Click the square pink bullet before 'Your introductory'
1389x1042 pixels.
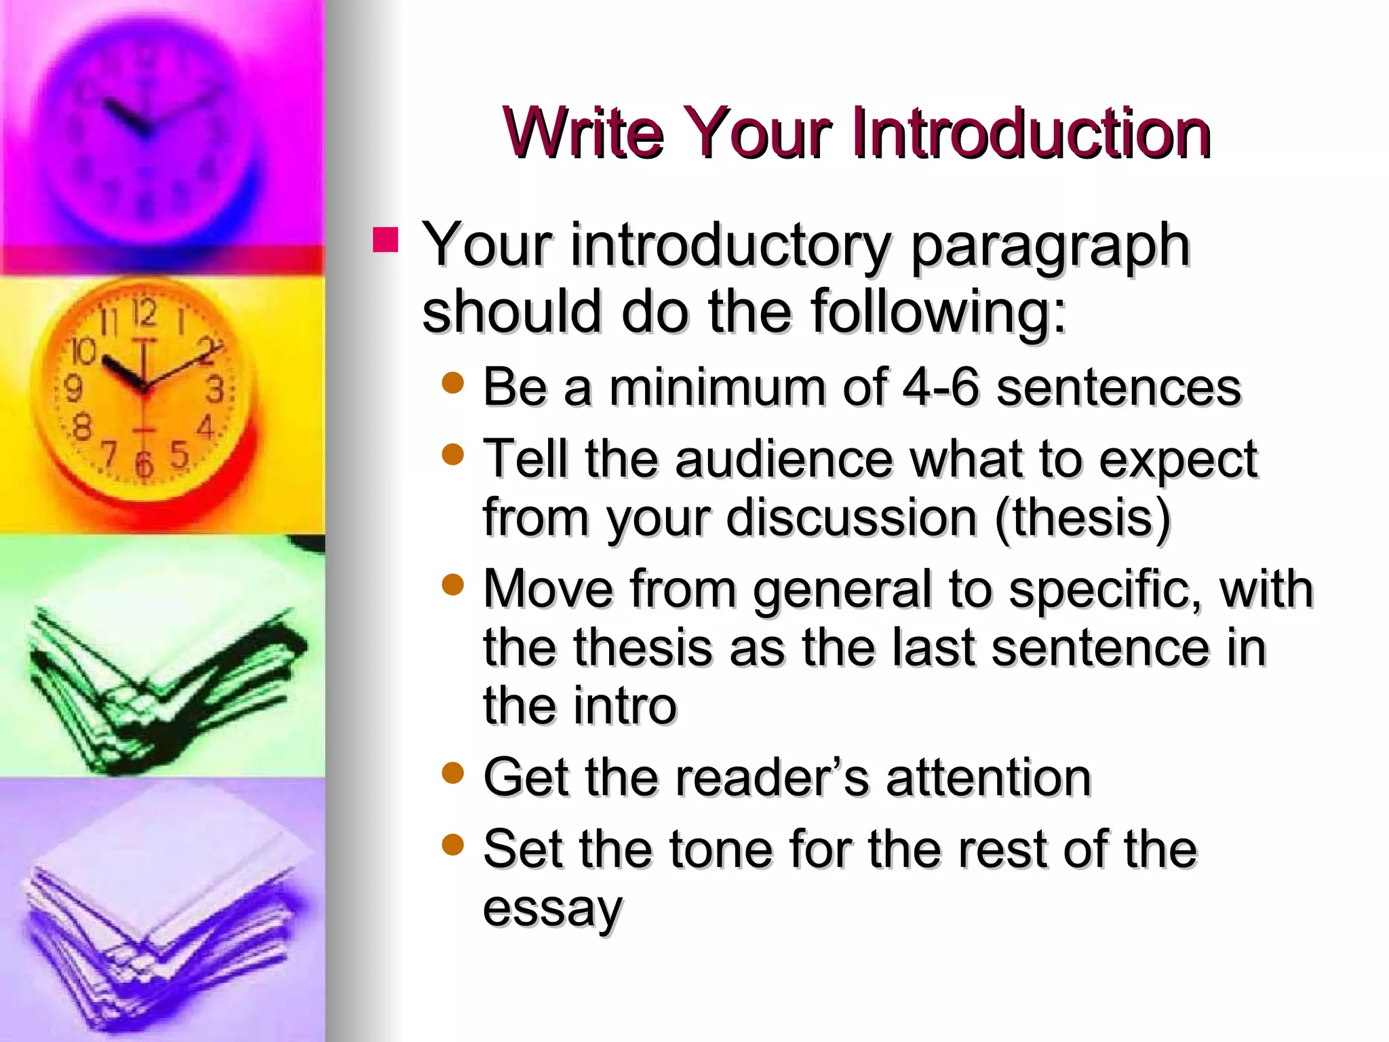point(385,240)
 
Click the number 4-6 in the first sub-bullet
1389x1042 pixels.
point(941,387)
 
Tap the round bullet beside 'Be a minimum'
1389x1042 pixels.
point(452,384)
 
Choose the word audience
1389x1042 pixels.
point(783,459)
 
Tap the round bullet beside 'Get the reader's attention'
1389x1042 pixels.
point(452,773)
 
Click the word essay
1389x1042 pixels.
point(552,909)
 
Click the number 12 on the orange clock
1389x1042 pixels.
point(144,313)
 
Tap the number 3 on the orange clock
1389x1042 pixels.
point(215,390)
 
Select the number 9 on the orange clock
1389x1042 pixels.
point(73,389)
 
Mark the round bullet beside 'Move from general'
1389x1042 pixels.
point(452,585)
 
